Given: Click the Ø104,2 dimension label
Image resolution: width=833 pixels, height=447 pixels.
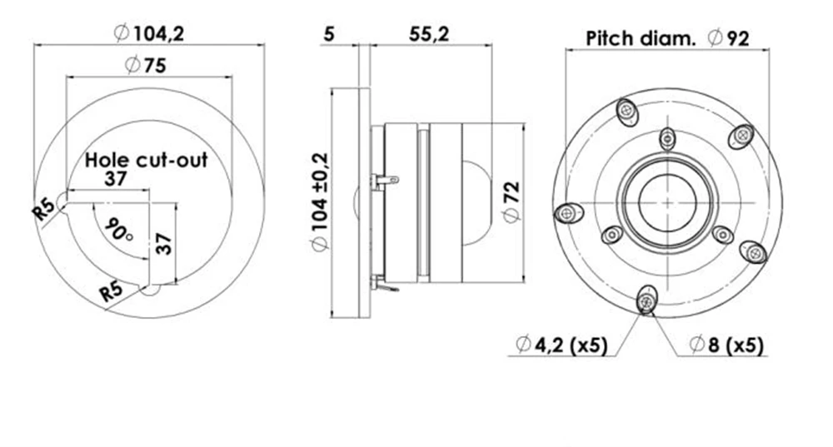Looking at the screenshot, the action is point(149,33).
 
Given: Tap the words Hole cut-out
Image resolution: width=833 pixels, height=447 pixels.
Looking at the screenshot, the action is point(147,160).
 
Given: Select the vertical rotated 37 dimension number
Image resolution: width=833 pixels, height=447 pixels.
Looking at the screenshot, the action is point(165,244).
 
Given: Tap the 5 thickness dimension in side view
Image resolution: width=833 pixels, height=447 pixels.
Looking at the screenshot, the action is point(329,34).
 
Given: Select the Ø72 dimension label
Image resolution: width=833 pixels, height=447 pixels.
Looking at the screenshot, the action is point(511,202).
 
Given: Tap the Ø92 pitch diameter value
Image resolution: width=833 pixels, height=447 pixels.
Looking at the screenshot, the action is point(729,38).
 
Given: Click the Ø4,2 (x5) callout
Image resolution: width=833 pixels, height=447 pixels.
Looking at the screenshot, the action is point(561,345).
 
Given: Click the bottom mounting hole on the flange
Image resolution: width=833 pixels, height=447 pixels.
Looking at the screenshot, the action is point(646,300).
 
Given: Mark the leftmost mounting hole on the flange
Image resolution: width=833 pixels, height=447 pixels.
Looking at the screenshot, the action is point(566,213).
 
